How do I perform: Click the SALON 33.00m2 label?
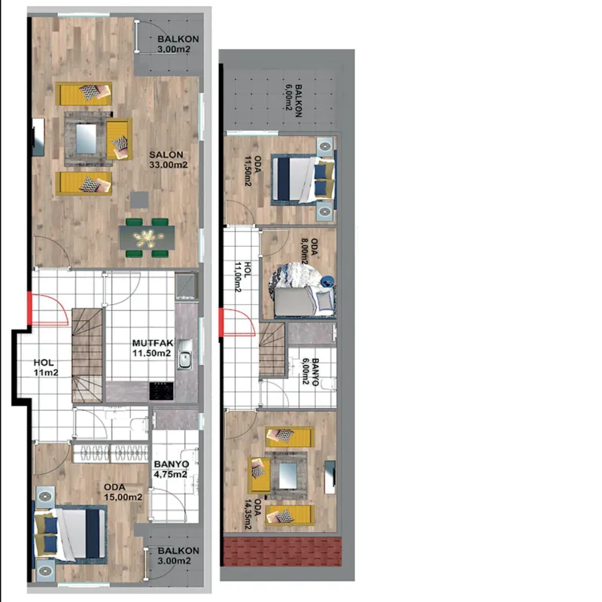[x=168, y=160]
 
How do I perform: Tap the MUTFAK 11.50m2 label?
[x=153, y=348]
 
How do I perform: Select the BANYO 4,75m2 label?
[x=171, y=469]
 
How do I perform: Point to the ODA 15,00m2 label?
[x=123, y=492]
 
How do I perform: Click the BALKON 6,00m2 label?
[x=293, y=101]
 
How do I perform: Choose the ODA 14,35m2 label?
[x=253, y=514]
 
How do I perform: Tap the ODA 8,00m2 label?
[x=310, y=251]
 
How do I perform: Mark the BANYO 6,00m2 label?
[x=310, y=371]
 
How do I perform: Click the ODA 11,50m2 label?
[x=253, y=171]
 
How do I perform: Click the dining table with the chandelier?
[x=147, y=238]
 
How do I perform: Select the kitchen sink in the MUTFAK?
[x=185, y=354]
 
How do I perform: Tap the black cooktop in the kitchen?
[x=161, y=391]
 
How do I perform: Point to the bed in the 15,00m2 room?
[x=70, y=534]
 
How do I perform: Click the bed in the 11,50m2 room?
[x=303, y=178]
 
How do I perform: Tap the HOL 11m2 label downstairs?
[x=46, y=367]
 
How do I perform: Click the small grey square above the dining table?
[x=139, y=200]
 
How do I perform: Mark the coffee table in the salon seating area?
[x=87, y=138]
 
